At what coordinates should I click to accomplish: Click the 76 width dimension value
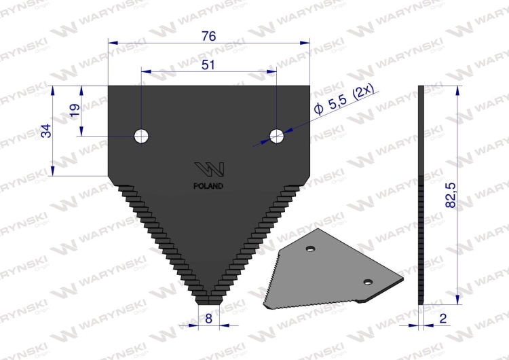point(208,37)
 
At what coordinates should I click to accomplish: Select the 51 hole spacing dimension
point(208,65)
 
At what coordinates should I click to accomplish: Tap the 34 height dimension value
point(46,130)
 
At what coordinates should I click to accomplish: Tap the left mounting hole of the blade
point(142,136)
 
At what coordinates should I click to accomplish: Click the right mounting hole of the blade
point(276,136)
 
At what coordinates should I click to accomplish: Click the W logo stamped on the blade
point(209,169)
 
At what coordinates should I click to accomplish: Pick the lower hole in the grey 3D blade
point(367,282)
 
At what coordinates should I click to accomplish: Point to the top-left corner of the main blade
point(109,87)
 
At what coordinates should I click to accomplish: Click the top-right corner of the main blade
point(309,87)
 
